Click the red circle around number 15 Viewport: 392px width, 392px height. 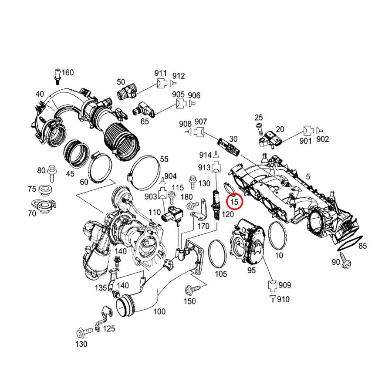tap(235, 202)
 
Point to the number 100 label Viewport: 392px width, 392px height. tap(159, 312)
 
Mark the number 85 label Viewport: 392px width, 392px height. tap(362, 246)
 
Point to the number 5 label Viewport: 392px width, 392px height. tap(308, 177)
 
